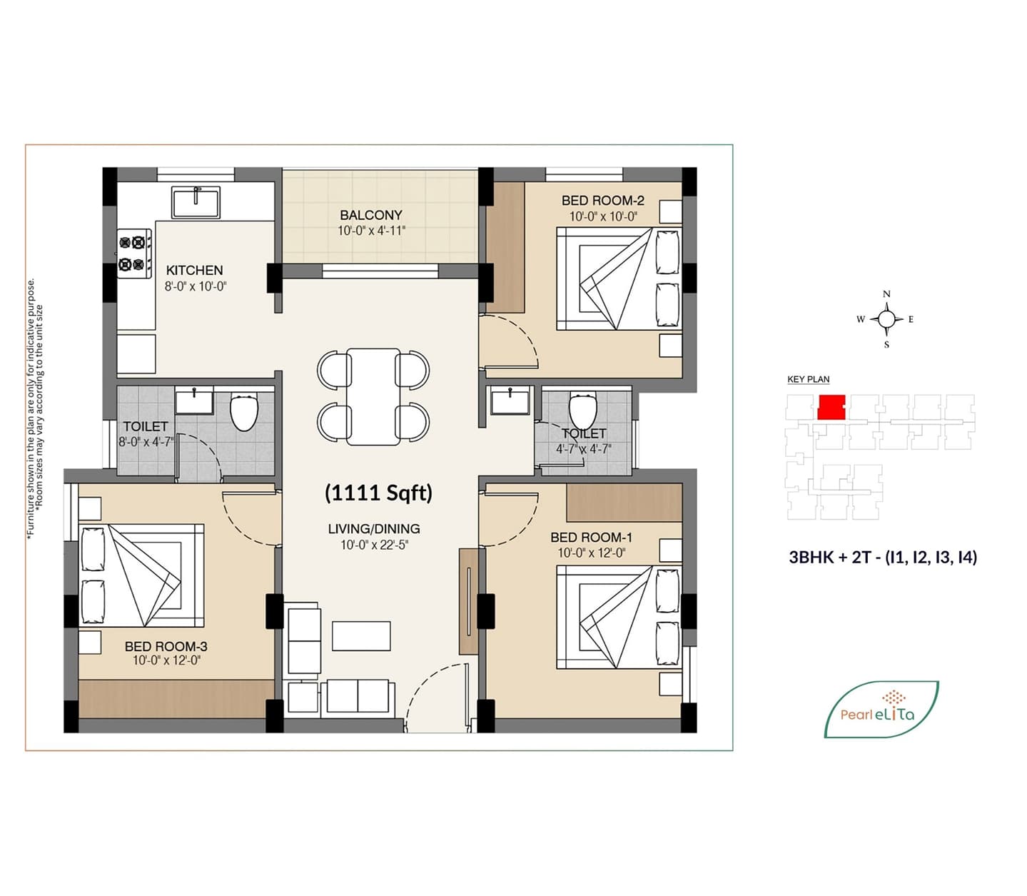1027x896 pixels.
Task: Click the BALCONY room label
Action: [371, 215]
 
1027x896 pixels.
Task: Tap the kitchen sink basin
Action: [196, 202]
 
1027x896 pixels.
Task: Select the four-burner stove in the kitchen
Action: [134, 253]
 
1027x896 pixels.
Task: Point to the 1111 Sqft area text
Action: [378, 493]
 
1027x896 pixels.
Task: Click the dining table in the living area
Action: [373, 396]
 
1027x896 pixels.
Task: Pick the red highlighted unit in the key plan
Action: [831, 406]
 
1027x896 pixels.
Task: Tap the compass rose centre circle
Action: [886, 318]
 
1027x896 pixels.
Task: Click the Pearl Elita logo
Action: [881, 709]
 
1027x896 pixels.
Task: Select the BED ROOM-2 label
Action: [602, 201]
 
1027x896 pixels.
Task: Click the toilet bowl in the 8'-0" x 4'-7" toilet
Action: [244, 412]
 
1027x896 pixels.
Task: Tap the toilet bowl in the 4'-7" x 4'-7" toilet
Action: [582, 411]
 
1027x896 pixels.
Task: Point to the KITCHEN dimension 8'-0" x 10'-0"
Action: [196, 286]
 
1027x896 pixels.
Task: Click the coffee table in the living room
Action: [361, 636]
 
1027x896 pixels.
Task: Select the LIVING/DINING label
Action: [374, 528]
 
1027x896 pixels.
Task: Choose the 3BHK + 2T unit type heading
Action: [883, 558]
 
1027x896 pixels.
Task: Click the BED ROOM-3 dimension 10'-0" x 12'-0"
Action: [166, 660]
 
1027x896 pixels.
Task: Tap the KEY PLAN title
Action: [808, 380]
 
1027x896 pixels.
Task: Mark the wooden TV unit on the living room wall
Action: [468, 601]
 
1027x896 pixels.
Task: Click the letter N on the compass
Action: [886, 294]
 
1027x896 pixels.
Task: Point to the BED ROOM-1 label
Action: [592, 538]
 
